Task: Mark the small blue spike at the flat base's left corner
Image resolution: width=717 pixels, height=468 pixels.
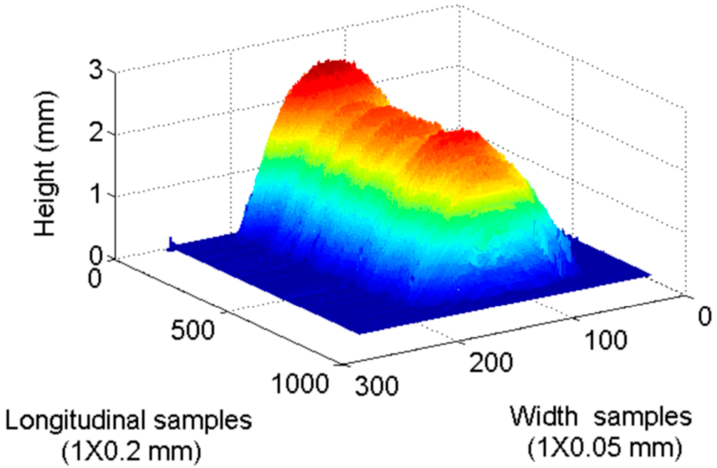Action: tap(170, 242)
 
